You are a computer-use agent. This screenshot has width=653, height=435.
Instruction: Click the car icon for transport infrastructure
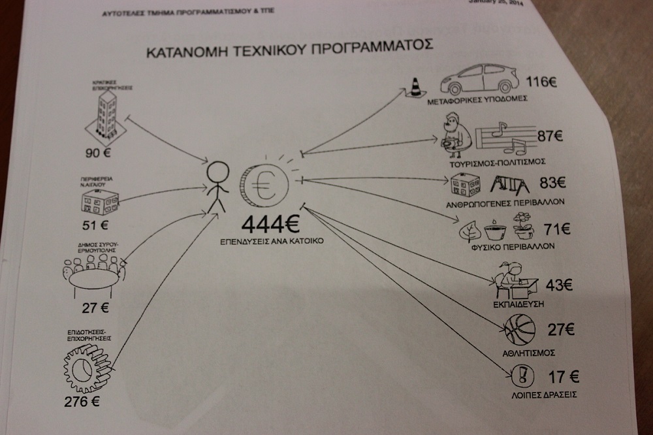coord(480,80)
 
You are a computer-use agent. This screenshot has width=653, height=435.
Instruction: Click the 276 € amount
coord(82,402)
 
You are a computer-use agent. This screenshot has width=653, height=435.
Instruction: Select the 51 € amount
coord(95,227)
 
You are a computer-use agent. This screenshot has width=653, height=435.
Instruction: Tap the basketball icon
coord(520,329)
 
